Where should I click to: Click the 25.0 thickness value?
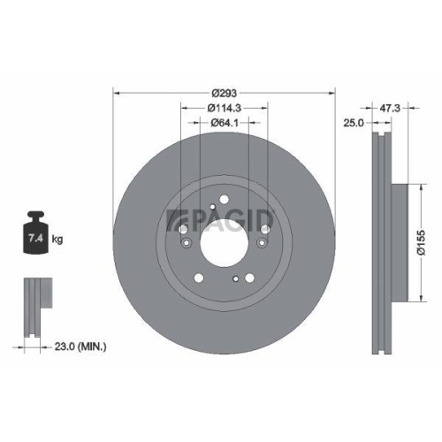[354, 122]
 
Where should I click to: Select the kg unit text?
[57, 240]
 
